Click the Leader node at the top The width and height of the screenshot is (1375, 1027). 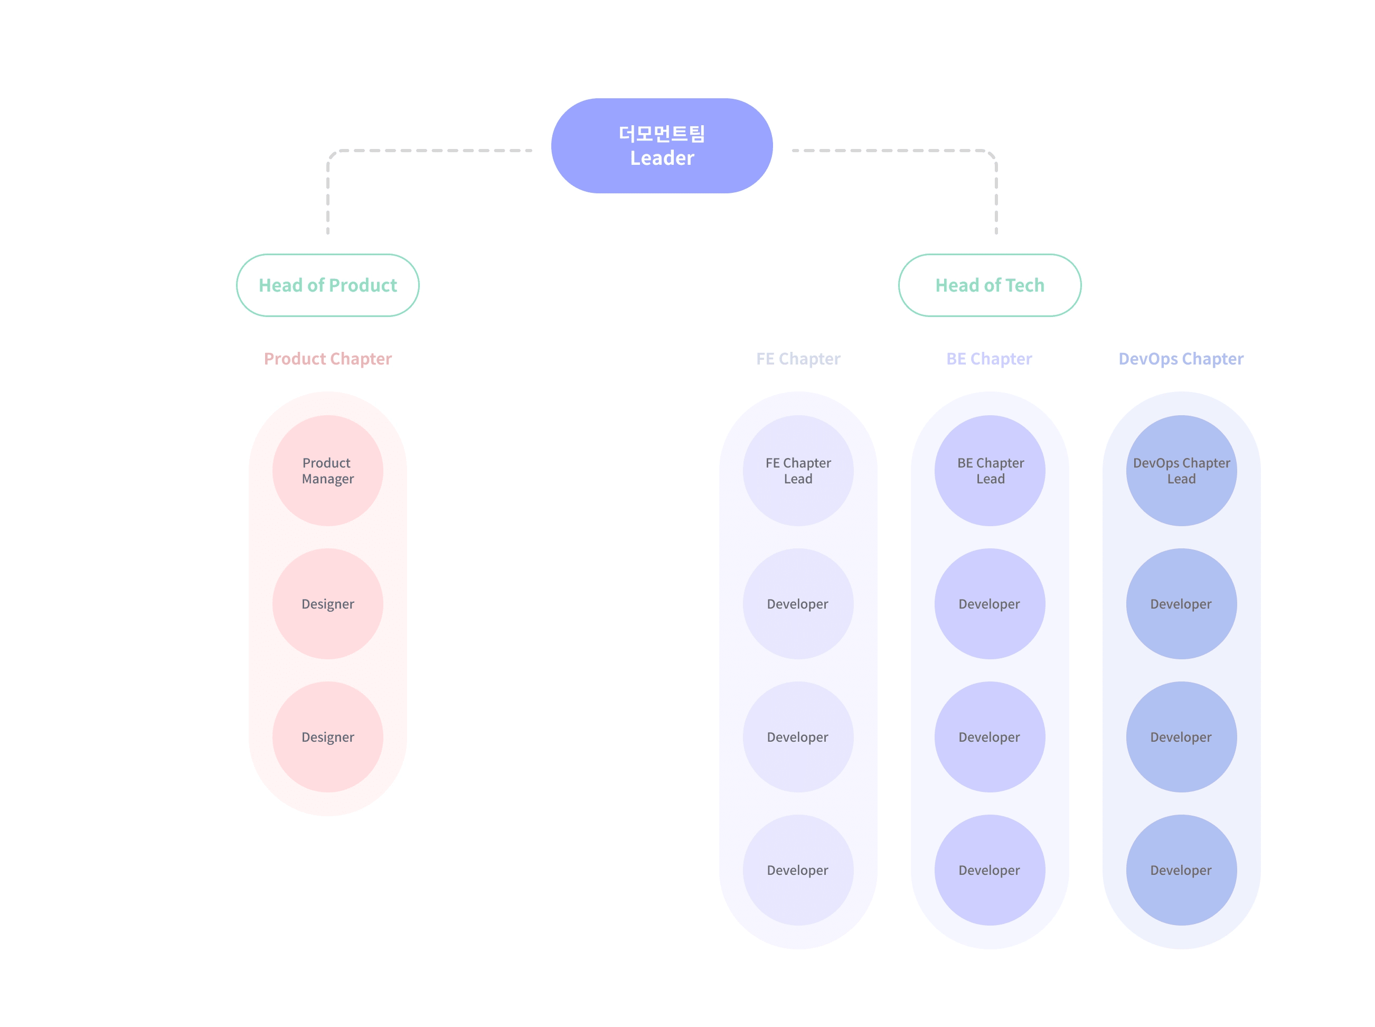tap(662, 145)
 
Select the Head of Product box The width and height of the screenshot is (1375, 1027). tap(327, 285)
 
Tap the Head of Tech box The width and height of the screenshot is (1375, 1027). tap(990, 285)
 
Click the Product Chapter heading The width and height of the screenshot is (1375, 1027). tap(327, 359)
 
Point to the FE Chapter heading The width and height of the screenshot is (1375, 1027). tap(798, 359)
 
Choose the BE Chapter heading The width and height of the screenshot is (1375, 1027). tap(989, 359)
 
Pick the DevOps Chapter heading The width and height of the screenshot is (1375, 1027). tap(1181, 359)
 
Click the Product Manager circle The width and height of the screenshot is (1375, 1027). tap(327, 471)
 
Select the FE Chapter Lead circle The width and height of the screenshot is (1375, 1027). tap(798, 471)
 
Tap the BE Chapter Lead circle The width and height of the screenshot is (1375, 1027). tap(990, 471)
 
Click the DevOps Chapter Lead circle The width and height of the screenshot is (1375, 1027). tap(1181, 471)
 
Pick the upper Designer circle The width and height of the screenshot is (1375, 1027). tap(327, 604)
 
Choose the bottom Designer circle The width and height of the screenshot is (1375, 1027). tap(327, 736)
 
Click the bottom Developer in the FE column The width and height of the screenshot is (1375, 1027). tap(798, 870)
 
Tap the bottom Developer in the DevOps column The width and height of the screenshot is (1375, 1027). tap(1181, 870)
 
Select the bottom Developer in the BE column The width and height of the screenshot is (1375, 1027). tap(990, 870)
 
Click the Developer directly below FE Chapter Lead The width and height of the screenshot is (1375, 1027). tap(798, 604)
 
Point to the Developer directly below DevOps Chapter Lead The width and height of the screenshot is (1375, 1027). tap(1181, 604)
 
